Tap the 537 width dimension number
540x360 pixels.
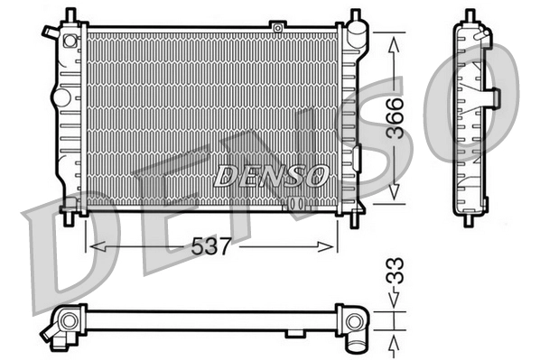(210, 245)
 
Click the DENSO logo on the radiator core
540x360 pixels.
(270, 175)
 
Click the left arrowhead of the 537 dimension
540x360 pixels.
(92, 245)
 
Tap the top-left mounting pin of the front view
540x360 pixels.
(69, 17)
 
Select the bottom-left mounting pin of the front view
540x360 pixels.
(70, 217)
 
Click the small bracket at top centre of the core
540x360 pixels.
(278, 28)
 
